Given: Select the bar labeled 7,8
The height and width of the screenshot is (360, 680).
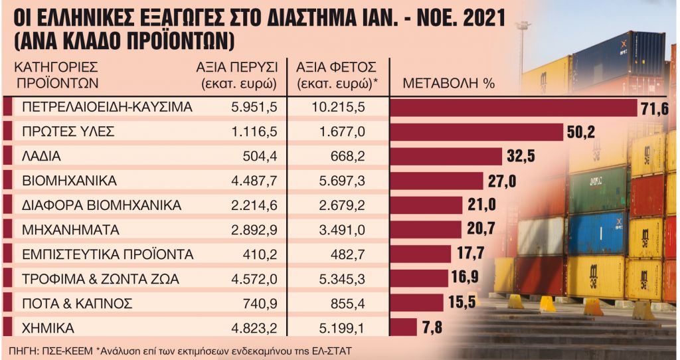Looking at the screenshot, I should pos(403,327).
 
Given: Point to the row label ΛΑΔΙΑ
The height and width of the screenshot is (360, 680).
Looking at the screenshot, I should pos(42,157).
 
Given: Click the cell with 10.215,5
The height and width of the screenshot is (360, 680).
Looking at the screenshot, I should pos(338,108).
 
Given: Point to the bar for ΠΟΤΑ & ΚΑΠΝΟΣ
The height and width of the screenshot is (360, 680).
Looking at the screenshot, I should pos(416,303).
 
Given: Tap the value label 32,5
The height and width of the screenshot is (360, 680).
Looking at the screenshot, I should pos(519,157).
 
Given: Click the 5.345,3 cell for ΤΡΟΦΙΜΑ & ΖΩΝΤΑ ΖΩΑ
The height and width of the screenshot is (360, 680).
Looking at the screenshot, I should pos(338,279).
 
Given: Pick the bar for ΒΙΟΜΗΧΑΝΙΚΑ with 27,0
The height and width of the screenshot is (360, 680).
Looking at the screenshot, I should pos(436,181).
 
